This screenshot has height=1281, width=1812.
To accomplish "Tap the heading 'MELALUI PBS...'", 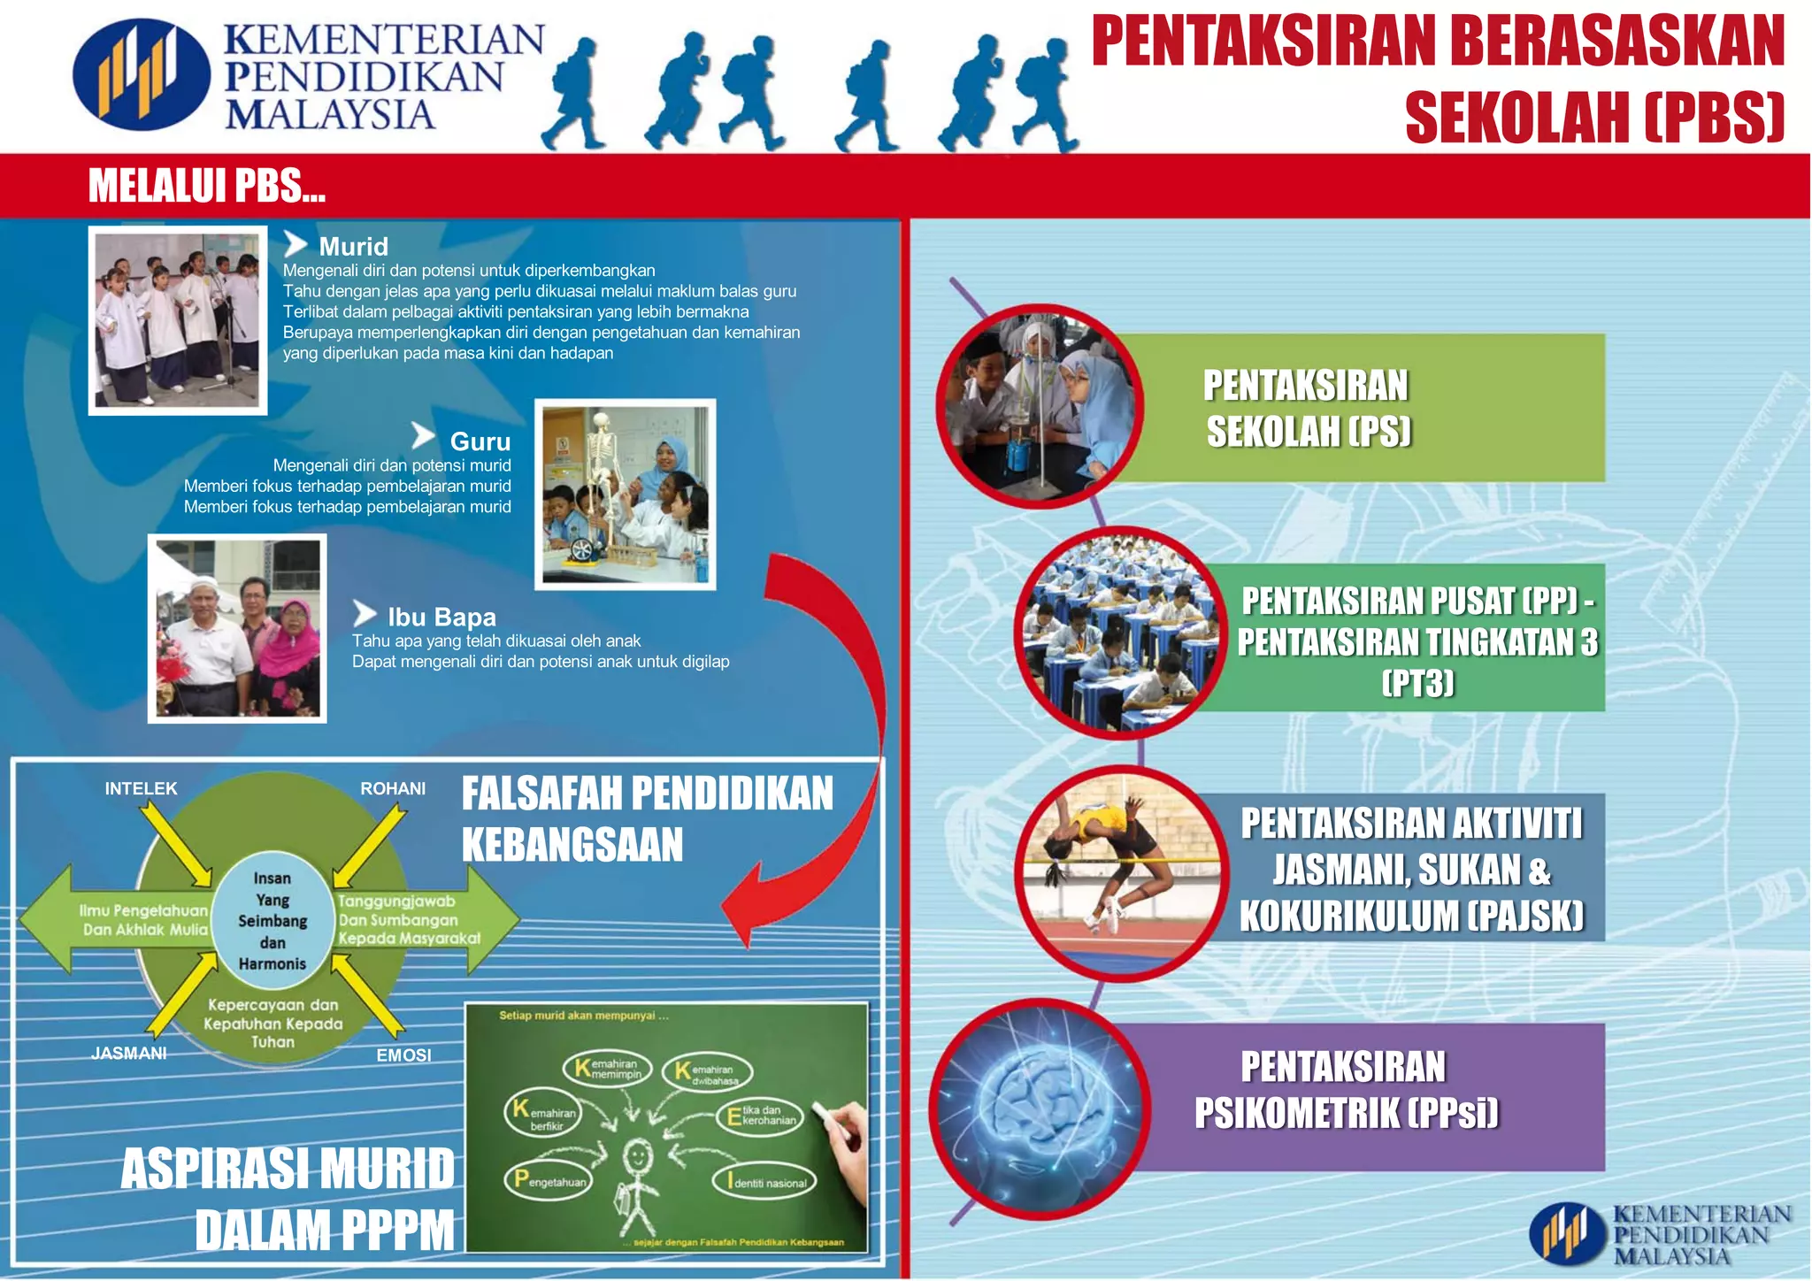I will pyautogui.click(x=207, y=187).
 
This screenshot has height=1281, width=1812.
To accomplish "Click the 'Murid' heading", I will pyautogui.click(x=353, y=246).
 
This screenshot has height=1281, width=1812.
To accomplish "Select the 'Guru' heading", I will pyautogui.click(x=480, y=441).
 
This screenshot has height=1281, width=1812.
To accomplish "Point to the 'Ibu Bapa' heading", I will pyautogui.click(x=441, y=617).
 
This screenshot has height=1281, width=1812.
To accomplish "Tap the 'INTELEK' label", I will pyautogui.click(x=141, y=788).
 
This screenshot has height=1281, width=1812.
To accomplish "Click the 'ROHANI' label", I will pyautogui.click(x=393, y=788).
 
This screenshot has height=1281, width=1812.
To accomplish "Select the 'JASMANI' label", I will pyautogui.click(x=129, y=1053).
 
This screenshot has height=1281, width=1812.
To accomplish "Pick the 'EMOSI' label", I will pyautogui.click(x=403, y=1055).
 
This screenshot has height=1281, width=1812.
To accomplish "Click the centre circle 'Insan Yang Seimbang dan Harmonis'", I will pyautogui.click(x=273, y=921).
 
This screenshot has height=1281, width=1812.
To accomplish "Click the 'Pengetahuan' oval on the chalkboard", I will pyautogui.click(x=550, y=1180).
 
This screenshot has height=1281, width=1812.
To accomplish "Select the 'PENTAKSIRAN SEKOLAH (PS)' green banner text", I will pyautogui.click(x=1307, y=409).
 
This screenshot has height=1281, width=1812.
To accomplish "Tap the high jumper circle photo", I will pyautogui.click(x=1120, y=871).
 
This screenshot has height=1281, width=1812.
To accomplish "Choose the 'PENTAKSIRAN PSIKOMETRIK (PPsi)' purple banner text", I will pyautogui.click(x=1346, y=1090).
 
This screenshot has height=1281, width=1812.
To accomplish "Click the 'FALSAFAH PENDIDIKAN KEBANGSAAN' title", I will pyautogui.click(x=647, y=818).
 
